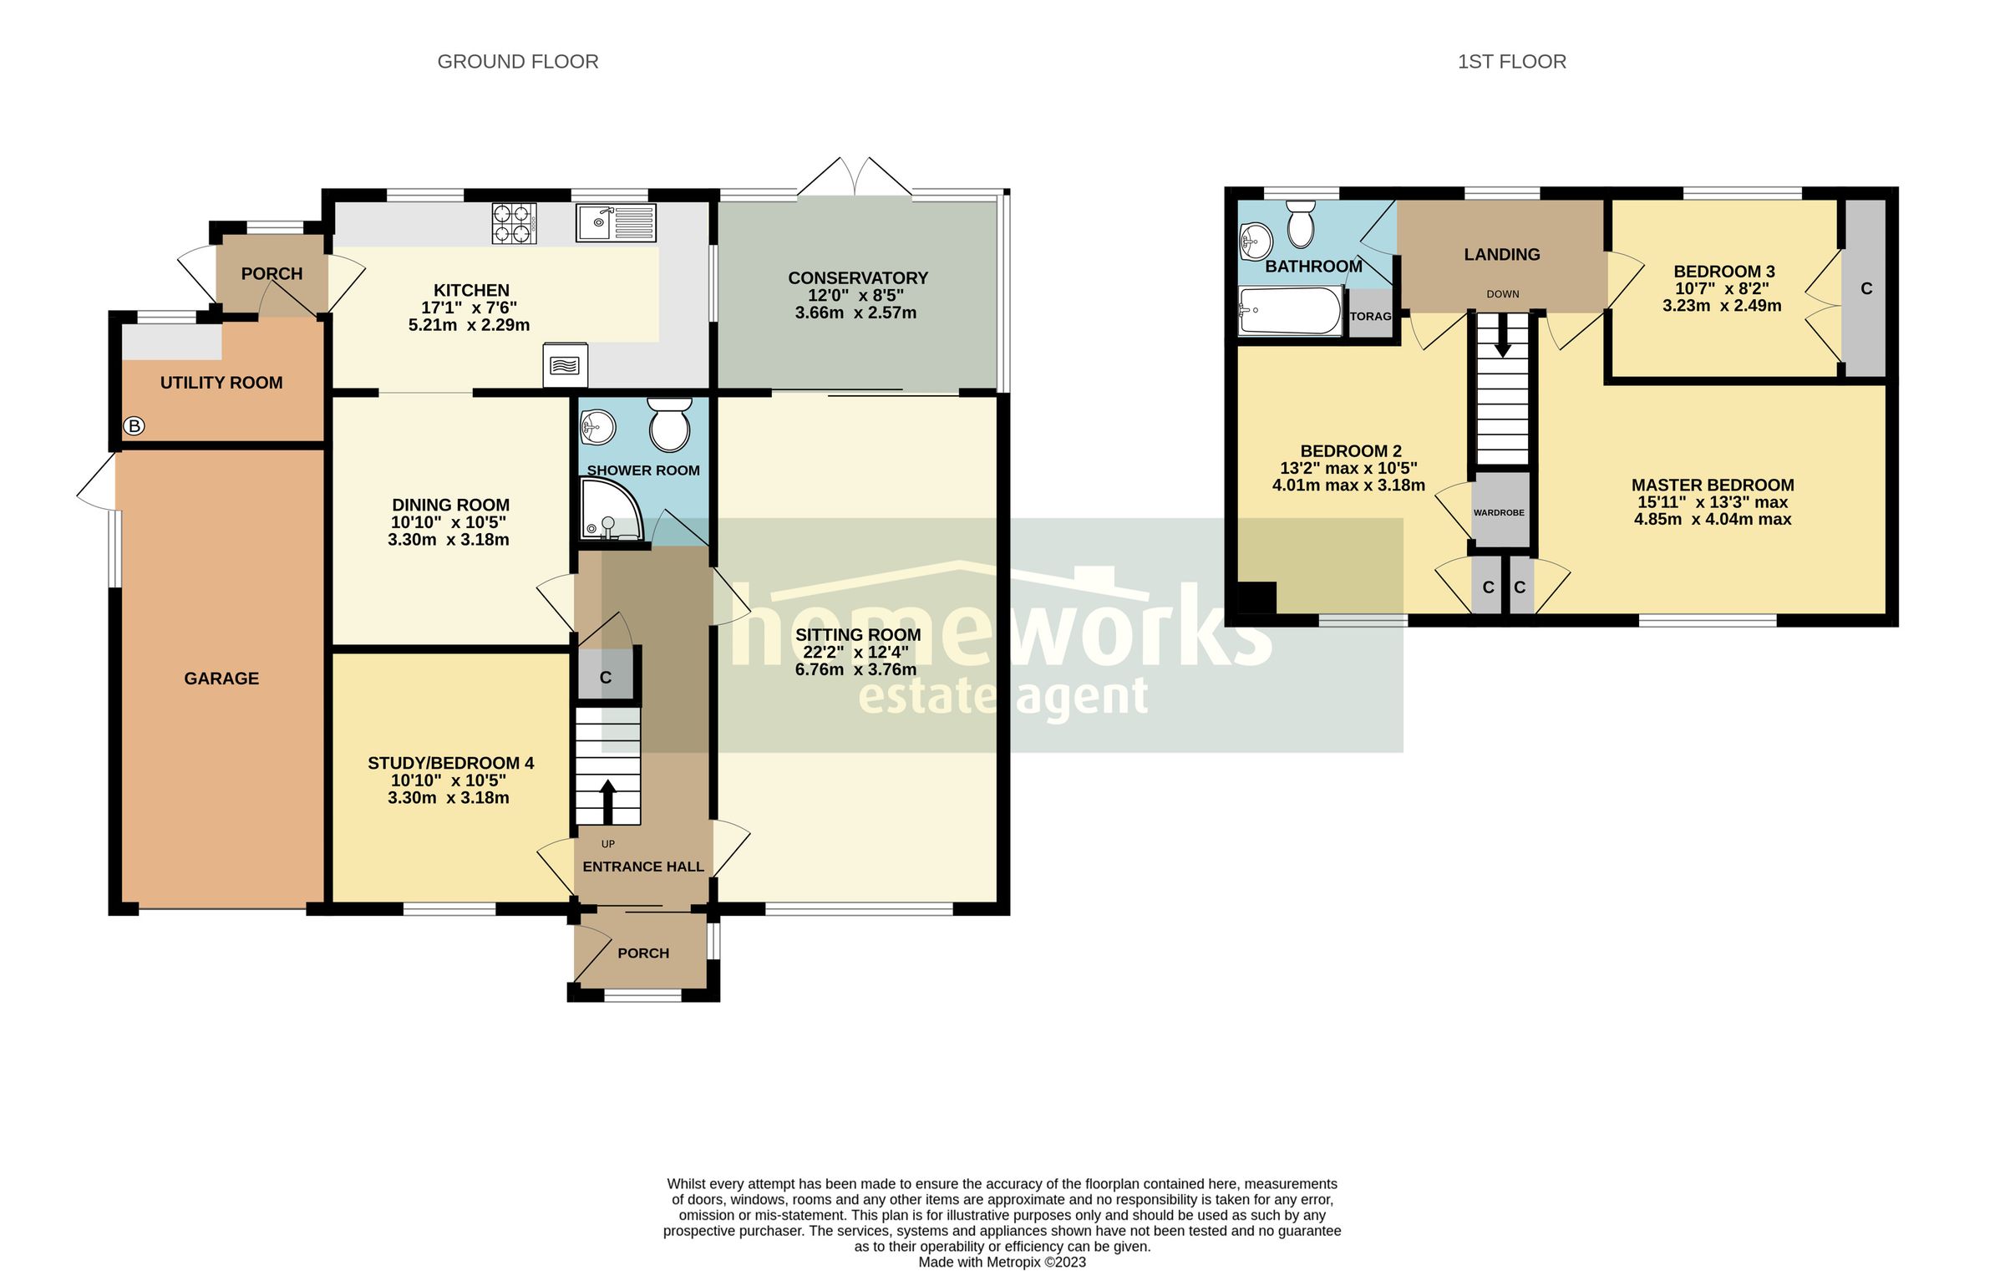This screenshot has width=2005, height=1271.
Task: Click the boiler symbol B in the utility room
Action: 134,426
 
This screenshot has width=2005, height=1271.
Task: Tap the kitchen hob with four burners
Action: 514,223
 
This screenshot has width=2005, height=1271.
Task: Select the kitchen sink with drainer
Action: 617,222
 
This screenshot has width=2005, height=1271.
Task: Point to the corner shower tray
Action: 608,511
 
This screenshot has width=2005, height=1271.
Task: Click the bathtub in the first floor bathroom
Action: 1290,311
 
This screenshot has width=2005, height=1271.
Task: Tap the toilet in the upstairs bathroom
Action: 1301,223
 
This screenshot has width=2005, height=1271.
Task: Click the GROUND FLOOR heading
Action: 517,62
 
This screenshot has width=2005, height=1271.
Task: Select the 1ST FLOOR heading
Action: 1511,62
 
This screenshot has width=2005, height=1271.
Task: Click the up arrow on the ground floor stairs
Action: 607,801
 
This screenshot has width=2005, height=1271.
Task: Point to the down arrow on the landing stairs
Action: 1502,338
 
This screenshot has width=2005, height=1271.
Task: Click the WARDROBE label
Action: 1499,512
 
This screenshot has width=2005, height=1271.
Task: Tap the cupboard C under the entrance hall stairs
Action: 606,678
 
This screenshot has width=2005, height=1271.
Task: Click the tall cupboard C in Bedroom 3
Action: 1866,288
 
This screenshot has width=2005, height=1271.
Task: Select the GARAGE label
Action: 221,679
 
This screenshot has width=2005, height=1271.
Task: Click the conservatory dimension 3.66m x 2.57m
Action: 855,313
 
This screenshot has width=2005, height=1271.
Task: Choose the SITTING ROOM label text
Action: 858,635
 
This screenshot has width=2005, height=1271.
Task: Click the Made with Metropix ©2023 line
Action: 1002,1262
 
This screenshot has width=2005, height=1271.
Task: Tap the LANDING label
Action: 1501,255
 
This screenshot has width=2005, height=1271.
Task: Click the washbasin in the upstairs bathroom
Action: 1255,242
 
